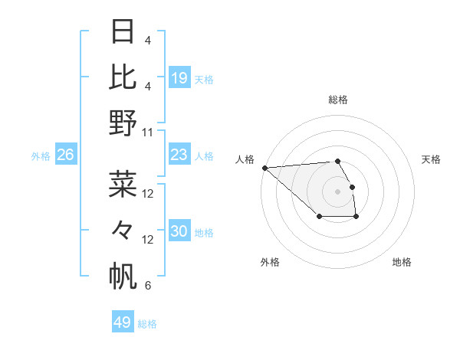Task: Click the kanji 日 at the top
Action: point(123,32)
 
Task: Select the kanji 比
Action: point(123,77)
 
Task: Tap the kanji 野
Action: point(123,123)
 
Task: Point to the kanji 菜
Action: point(123,185)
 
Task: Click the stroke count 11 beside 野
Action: point(148,132)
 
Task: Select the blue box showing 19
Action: point(179,77)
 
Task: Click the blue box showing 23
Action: point(179,155)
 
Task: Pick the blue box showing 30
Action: point(179,231)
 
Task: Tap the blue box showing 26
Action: point(66,155)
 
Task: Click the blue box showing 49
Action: point(123,322)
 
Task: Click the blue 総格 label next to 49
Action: point(148,324)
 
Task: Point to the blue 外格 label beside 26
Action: point(41,156)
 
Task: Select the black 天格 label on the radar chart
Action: point(432,159)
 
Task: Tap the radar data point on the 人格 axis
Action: point(264,168)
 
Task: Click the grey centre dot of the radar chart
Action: point(337,191)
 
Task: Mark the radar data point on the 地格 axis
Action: point(356,218)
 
